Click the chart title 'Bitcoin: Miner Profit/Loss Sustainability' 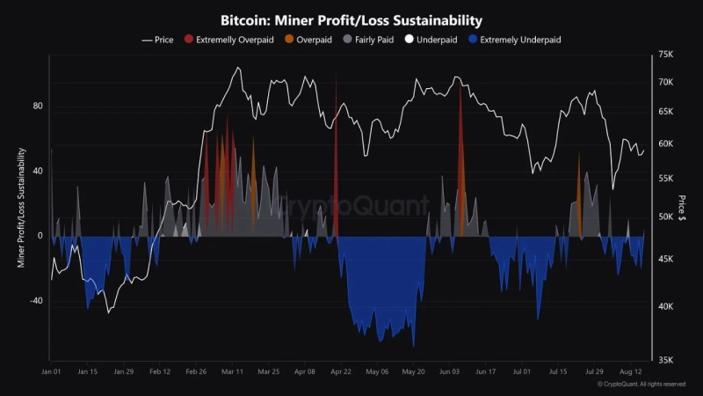(351, 20)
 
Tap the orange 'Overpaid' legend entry (309, 40)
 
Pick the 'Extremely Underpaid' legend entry (519, 40)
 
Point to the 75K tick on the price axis (665, 55)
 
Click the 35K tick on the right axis (665, 359)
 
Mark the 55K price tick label (665, 179)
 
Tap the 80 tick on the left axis (38, 106)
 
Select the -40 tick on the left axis (36, 301)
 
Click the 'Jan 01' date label (51, 372)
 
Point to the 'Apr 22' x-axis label (341, 372)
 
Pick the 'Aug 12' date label (632, 372)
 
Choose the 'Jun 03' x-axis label (450, 372)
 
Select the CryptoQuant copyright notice (641, 385)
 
